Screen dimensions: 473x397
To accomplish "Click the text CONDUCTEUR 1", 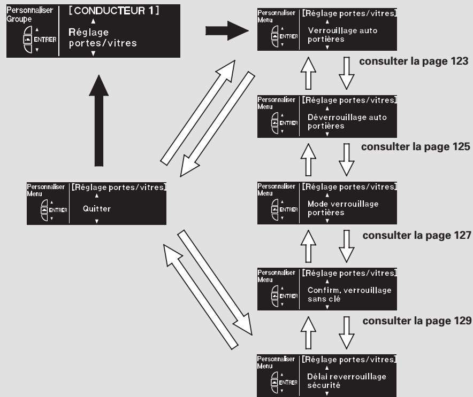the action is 113,11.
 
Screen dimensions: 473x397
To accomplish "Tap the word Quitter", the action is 97,209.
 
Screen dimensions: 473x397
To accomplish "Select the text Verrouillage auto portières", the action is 342,35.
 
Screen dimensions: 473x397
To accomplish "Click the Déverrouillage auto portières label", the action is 347,121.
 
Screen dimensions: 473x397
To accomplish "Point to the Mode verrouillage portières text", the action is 343,208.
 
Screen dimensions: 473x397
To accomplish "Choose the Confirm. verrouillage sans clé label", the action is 349,294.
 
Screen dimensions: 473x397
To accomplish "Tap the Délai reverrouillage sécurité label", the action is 347,381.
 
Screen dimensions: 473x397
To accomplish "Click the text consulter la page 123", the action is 414,61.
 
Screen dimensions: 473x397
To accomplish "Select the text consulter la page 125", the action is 415,147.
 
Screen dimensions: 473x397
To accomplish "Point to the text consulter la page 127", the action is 417,235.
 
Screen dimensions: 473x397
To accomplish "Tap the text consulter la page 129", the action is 417,321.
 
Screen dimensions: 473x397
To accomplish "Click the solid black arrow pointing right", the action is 227,31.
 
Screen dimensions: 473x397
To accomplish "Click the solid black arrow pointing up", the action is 99,120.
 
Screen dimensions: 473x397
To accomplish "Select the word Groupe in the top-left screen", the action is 19,19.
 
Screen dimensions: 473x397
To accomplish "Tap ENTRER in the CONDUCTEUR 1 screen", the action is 45,40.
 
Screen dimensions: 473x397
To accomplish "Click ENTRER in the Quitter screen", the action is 58,210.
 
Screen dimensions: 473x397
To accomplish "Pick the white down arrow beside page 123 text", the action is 347,73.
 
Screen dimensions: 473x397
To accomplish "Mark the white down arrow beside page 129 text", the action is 347,333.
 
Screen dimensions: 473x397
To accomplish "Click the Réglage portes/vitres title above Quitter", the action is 119,188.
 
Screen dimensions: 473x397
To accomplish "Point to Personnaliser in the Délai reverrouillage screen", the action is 276,359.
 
